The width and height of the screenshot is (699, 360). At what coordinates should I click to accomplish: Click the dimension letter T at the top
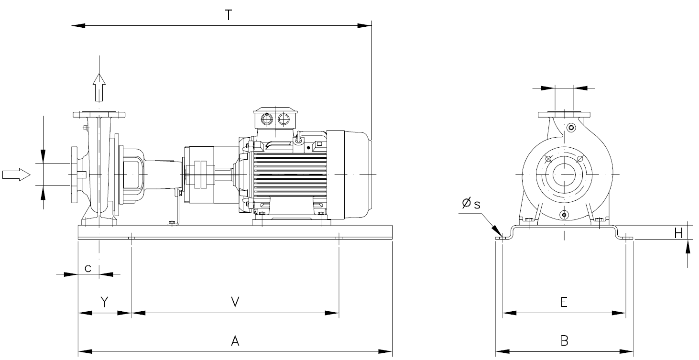coord(229,15)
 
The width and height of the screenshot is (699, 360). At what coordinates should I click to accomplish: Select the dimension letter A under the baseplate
coord(235,341)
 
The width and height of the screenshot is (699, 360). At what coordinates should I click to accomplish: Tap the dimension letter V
coord(235,302)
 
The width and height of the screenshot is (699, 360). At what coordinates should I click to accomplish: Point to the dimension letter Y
coord(104,302)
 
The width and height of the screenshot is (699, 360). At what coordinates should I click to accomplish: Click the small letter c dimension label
coord(88,268)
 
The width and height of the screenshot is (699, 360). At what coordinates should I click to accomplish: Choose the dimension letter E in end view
coord(564,302)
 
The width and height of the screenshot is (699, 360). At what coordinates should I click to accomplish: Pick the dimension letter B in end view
coord(564,341)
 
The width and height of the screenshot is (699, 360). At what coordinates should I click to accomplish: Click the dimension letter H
coord(678,233)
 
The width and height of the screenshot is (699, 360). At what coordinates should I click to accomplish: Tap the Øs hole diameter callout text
coord(470,204)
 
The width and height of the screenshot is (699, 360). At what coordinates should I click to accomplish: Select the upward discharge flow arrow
coord(99,86)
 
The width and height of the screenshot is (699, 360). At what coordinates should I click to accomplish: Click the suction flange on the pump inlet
coord(74,175)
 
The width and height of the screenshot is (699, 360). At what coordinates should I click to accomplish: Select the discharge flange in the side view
coord(99,114)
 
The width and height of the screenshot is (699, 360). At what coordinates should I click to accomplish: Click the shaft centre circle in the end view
coord(565,175)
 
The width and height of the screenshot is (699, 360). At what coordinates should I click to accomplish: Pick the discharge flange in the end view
coord(564,114)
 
